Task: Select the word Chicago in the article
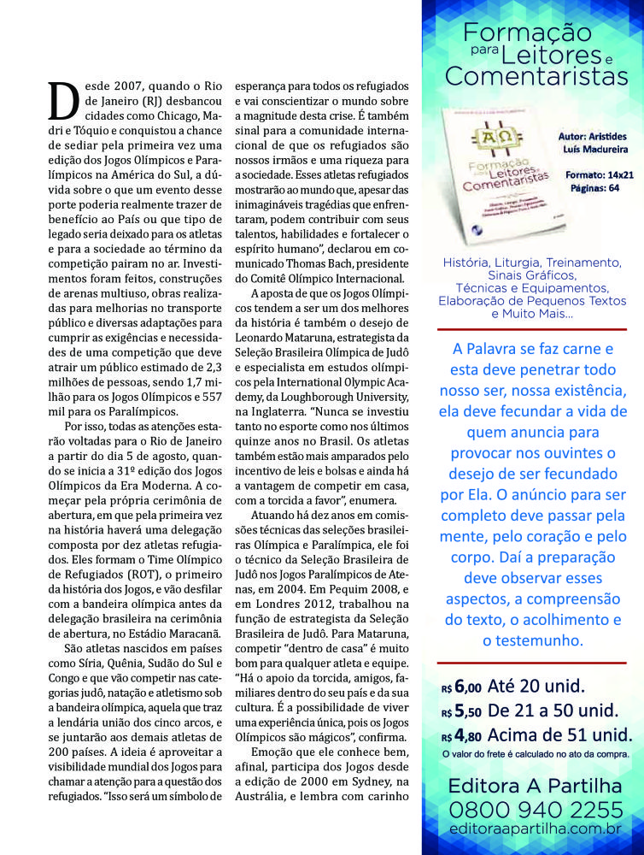tap(167, 116)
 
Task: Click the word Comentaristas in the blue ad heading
tap(536, 77)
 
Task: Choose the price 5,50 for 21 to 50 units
tap(467, 710)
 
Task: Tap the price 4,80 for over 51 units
tap(467, 734)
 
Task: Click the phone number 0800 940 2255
tap(536, 809)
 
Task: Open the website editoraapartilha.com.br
tap(536, 828)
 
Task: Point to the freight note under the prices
tap(536, 753)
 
